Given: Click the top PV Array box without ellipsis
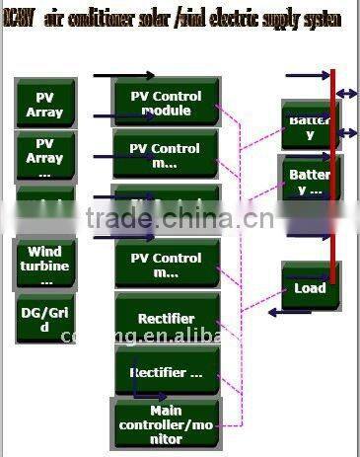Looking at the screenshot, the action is [44, 105].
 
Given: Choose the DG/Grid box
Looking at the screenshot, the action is [44, 320].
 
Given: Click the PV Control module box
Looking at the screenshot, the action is [166, 104].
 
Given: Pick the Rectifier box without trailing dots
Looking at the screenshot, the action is [166, 319].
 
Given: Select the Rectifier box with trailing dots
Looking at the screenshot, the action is [166, 373].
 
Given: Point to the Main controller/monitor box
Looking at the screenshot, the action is [166, 423].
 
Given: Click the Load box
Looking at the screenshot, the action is [310, 288].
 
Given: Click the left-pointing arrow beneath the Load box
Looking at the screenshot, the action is [290, 313].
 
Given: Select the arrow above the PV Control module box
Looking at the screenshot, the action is [124, 75].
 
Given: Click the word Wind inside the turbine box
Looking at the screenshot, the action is [44, 253].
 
